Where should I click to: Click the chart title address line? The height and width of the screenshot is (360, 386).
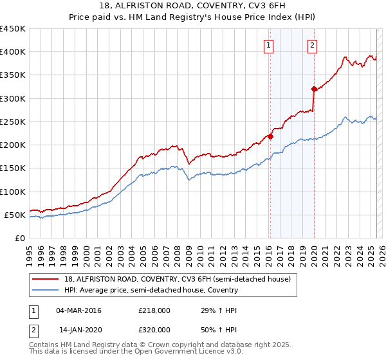[193, 6]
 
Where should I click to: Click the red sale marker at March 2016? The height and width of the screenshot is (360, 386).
[270, 136]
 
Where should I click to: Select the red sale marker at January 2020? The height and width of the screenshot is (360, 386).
[314, 89]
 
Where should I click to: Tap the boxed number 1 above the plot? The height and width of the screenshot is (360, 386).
[268, 45]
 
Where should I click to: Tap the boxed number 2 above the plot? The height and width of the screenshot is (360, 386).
[312, 45]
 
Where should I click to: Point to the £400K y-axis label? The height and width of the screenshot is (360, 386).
[13, 52]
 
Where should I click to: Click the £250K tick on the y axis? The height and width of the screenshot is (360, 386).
[13, 122]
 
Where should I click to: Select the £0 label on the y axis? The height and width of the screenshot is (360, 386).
[19, 238]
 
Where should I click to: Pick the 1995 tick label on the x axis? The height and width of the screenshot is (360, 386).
[30, 251]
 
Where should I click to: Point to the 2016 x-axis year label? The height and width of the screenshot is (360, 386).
[268, 251]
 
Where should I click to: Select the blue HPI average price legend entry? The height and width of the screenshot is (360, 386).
[151, 290]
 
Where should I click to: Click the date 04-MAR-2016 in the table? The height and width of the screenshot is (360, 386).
[79, 310]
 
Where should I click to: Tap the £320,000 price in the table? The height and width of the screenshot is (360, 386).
[154, 330]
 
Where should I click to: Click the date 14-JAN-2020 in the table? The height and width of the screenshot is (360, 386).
[79, 330]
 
